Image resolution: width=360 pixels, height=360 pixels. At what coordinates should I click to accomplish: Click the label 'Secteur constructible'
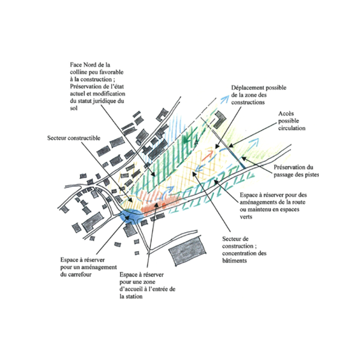tap(74, 138)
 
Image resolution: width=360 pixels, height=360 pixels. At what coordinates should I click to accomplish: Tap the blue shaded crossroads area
tap(129, 217)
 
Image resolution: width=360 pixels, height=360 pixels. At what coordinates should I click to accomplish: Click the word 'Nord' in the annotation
tap(91, 65)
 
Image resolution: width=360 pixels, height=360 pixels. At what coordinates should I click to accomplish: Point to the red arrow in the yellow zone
tap(208, 156)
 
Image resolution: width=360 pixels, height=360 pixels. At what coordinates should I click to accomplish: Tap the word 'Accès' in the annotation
tap(286, 114)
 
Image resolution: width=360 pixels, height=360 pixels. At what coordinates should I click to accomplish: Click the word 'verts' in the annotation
tap(246, 217)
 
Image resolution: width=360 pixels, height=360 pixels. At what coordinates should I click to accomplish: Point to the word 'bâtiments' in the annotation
tap(234, 261)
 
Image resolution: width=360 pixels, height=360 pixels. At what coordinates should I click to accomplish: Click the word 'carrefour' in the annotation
tap(80, 274)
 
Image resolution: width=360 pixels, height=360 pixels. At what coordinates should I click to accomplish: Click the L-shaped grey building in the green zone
tap(220, 119)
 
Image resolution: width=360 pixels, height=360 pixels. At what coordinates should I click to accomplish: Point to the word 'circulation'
tap(292, 128)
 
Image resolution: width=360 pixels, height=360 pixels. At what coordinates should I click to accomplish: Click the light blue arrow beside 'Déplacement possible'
tap(224, 99)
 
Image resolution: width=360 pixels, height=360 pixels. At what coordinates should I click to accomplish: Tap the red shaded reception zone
tap(159, 202)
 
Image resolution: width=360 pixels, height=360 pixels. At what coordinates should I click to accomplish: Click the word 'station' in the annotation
tap(134, 296)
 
